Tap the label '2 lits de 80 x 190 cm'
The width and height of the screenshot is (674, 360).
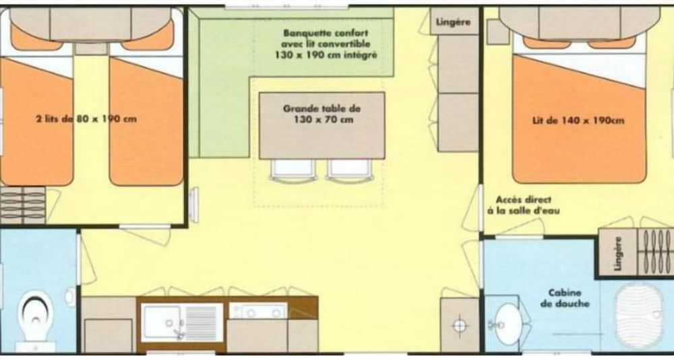(86, 119)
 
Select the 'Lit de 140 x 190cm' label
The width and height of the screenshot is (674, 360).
(578, 121)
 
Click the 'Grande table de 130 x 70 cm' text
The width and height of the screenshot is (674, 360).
(321, 113)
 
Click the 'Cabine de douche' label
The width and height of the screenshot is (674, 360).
(569, 298)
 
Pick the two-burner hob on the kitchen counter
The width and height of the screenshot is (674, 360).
(258, 311)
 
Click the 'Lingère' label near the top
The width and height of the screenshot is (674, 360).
(453, 22)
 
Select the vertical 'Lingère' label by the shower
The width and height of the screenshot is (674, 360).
(618, 253)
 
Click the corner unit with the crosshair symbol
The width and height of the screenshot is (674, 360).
(460, 325)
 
